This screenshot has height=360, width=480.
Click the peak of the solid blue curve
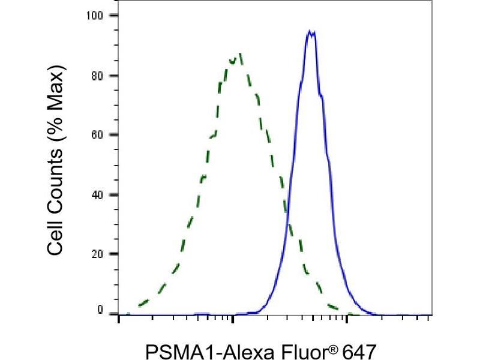(x=310, y=31)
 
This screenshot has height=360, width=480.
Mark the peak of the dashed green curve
(x=239, y=54)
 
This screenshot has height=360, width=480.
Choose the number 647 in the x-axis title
(x=348, y=350)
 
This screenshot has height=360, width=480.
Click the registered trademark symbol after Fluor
(x=318, y=346)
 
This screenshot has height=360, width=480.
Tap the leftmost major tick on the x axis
(x=119, y=320)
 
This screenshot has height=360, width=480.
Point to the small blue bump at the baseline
(x=202, y=313)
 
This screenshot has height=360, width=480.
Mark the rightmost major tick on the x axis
(x=346, y=320)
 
